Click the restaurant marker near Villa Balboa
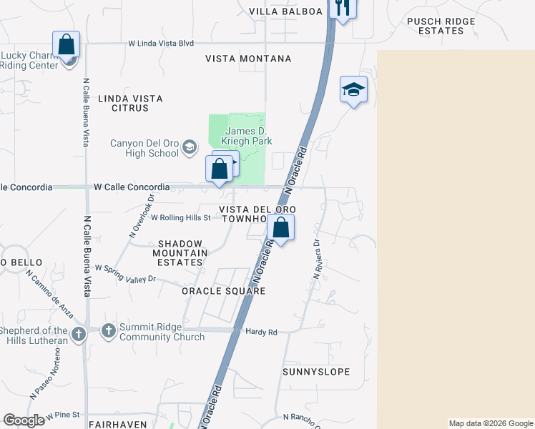(343, 7)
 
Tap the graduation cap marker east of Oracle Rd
(353, 89)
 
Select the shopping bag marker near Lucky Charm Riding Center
(67, 44)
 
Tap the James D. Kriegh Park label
(247, 136)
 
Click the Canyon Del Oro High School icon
(190, 148)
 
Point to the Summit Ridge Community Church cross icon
(108, 332)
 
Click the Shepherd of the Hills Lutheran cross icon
(79, 334)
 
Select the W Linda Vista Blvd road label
(161, 44)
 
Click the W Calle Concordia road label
(132, 187)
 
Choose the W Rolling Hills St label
(180, 217)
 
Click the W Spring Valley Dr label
(125, 276)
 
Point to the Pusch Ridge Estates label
(441, 26)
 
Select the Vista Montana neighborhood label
(248, 59)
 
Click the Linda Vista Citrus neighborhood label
(129, 103)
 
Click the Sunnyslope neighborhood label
(315, 372)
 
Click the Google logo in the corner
(24, 420)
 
